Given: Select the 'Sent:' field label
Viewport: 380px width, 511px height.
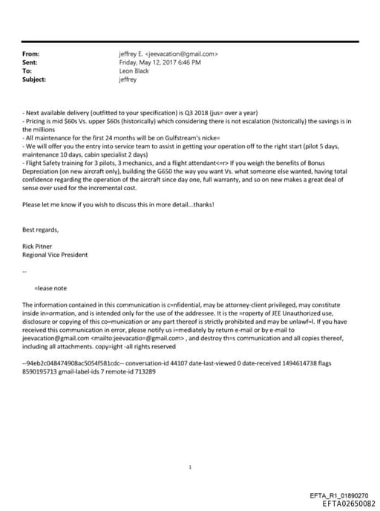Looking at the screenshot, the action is tap(30, 62).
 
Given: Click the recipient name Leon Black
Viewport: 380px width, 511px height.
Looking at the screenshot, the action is tap(134, 71).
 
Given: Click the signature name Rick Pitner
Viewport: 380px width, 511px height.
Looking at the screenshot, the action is tap(39, 247).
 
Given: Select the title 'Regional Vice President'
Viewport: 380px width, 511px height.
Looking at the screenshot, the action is tap(56, 255).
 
